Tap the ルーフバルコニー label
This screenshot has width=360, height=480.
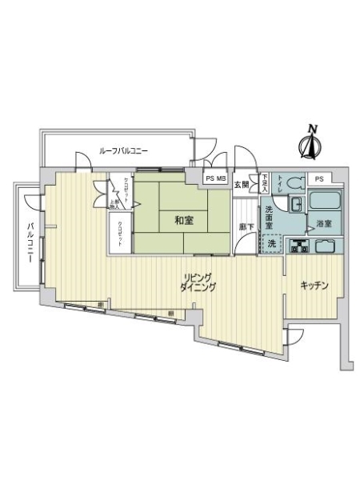point(123,150)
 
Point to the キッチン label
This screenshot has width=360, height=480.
point(316,286)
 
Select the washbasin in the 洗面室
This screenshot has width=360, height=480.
point(295,206)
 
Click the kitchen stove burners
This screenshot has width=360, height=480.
point(299,246)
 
